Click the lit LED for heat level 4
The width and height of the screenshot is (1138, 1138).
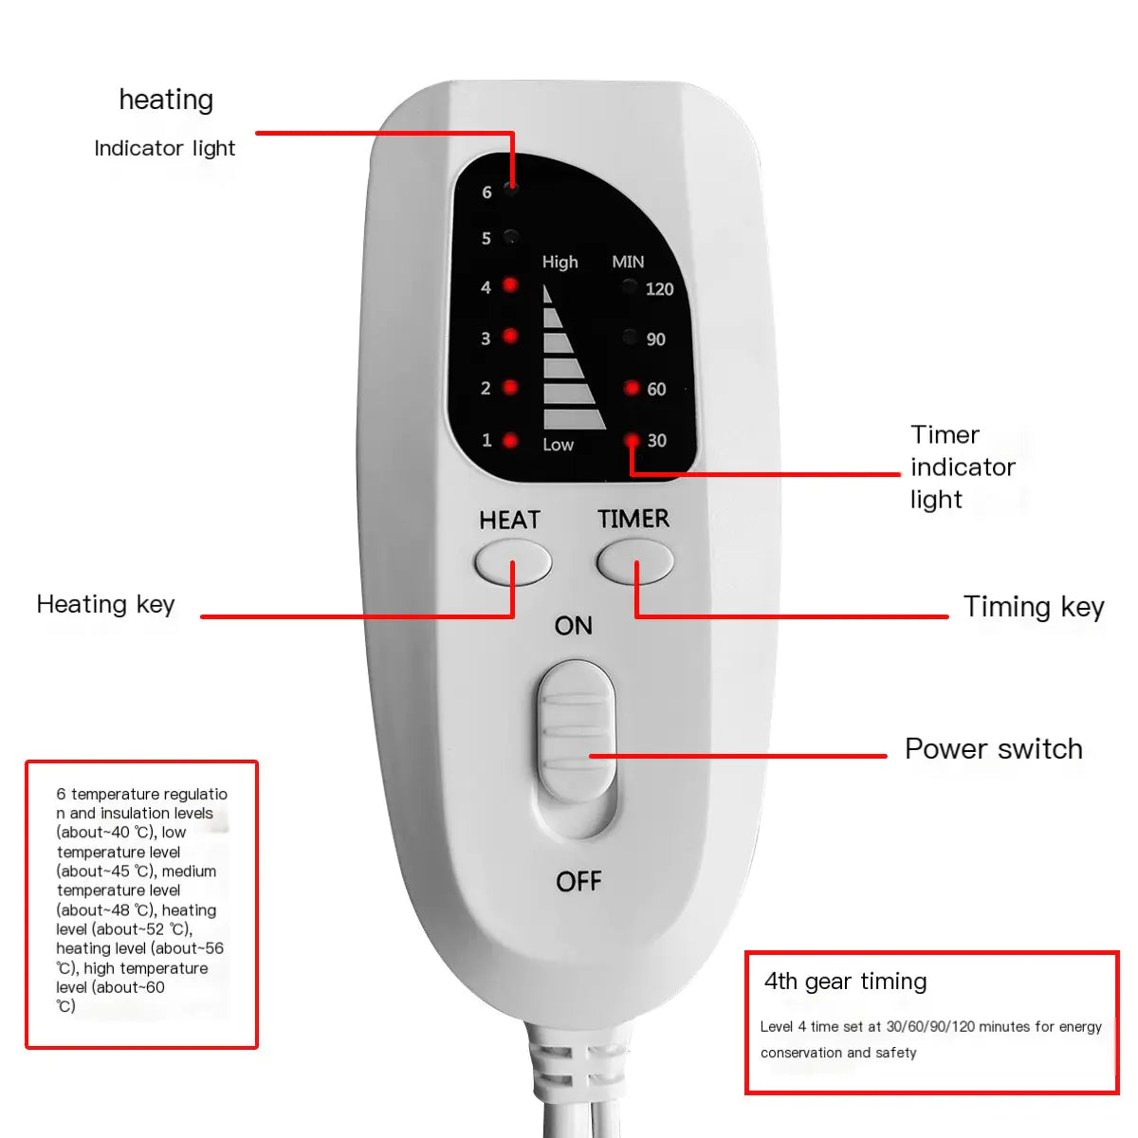tap(510, 284)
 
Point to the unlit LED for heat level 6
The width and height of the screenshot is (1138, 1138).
tap(511, 189)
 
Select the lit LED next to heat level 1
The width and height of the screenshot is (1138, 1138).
tap(510, 440)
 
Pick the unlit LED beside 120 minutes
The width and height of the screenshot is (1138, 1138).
tap(630, 286)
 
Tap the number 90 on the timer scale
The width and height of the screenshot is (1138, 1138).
tap(656, 339)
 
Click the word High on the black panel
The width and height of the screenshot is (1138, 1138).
tap(560, 262)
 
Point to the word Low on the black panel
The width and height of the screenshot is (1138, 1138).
tap(558, 444)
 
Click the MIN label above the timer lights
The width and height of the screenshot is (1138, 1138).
tap(628, 262)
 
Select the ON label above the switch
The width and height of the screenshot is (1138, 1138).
tap(574, 625)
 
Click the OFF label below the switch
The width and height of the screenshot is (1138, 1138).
tap(578, 881)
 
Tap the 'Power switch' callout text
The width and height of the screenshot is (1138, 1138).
tap(993, 748)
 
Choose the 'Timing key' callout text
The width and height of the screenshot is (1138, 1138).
tap(1034, 607)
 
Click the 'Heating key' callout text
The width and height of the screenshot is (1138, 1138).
tap(105, 604)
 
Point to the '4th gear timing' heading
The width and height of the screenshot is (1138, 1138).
tap(845, 982)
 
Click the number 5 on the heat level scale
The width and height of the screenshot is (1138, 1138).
tap(486, 238)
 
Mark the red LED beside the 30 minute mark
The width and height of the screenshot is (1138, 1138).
tap(632, 440)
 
